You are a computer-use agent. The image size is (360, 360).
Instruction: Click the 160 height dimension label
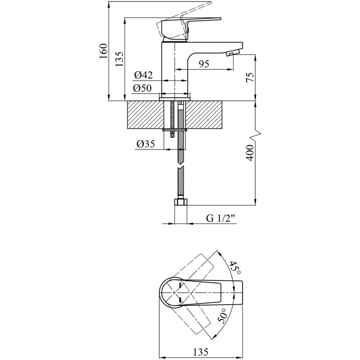coord(103,51)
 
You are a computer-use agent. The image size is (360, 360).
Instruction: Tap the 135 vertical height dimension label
coord(119,59)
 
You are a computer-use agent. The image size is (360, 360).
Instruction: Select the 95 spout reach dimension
coord(204,64)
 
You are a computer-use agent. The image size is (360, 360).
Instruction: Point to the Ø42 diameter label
coord(144,75)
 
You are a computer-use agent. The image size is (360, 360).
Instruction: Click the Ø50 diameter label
coord(142,88)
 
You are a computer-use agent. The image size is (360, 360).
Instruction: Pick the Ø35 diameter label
coord(146,144)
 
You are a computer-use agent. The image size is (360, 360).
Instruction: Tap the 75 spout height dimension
coord(250,77)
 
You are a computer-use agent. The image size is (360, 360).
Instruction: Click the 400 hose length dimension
coord(250,153)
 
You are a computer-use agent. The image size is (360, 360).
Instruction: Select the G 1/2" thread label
coord(221,218)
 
